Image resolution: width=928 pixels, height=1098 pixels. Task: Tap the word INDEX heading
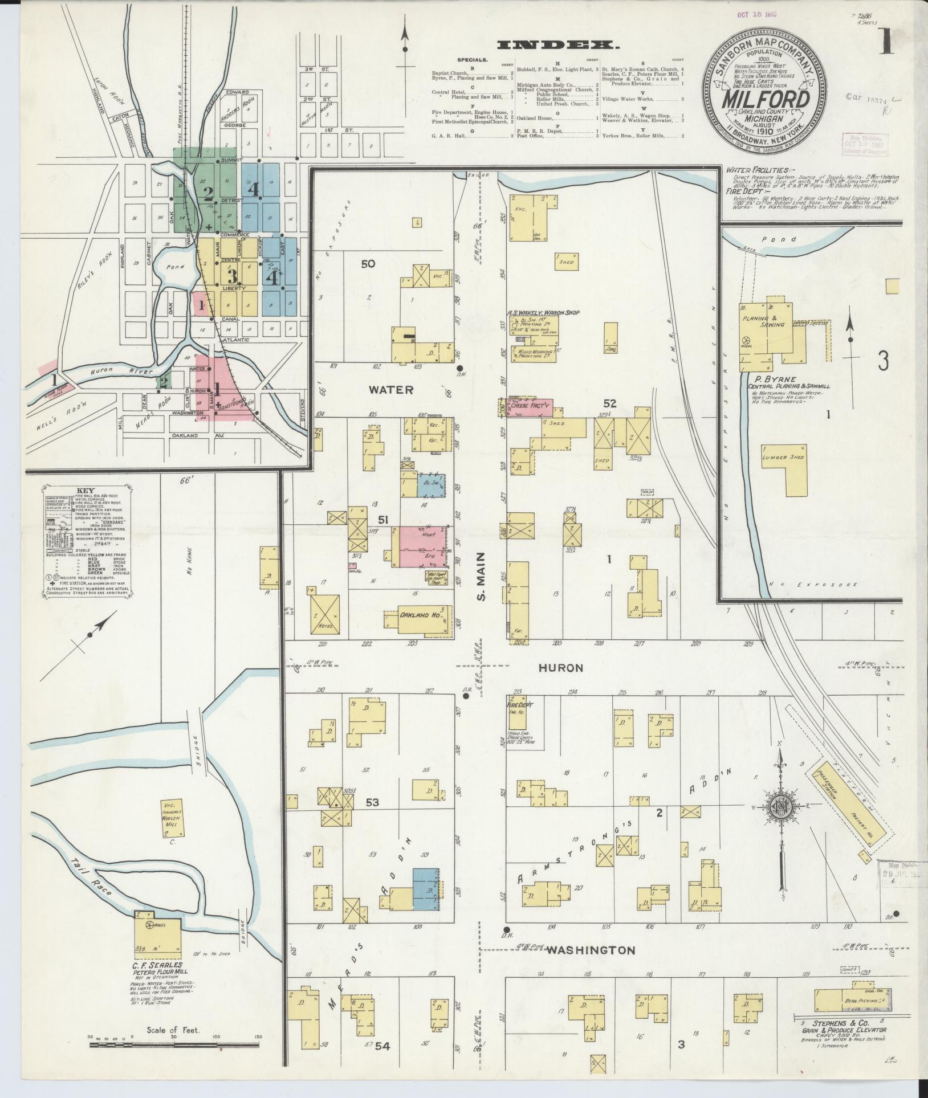coord(558,45)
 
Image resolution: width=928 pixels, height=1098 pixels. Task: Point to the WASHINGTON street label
coord(590,950)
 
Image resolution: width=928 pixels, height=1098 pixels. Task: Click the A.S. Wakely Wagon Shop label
coord(540,313)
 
